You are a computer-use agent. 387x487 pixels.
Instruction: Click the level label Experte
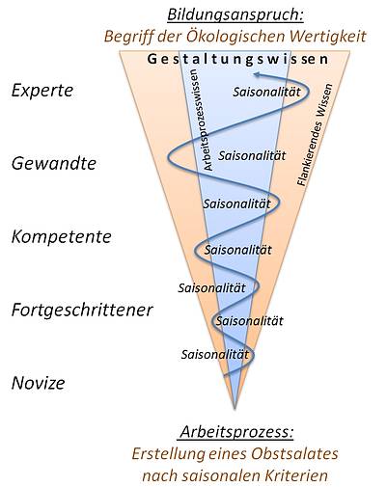click(x=42, y=91)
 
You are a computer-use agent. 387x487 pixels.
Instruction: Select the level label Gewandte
click(x=54, y=163)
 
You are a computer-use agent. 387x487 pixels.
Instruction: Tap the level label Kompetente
click(x=62, y=237)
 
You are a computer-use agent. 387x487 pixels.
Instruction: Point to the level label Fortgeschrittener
click(x=82, y=311)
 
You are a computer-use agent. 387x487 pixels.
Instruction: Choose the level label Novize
click(x=39, y=383)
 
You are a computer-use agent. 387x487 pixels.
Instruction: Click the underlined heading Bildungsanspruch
click(x=235, y=15)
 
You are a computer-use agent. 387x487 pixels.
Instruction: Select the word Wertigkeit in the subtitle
click(x=328, y=36)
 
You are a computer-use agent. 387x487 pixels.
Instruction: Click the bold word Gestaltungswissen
click(x=238, y=60)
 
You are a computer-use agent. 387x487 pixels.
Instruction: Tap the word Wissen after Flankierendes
click(x=324, y=100)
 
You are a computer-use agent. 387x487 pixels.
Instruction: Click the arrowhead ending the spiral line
click(x=257, y=75)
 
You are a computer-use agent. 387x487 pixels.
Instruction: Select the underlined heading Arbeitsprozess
click(x=236, y=431)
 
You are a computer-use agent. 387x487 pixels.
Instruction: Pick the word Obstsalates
click(x=294, y=454)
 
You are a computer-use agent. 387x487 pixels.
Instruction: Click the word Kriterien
click(x=296, y=475)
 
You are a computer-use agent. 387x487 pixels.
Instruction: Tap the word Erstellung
click(x=168, y=454)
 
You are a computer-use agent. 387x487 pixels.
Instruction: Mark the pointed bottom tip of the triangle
click(x=235, y=409)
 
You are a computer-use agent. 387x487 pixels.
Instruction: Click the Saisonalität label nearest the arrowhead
click(x=266, y=93)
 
